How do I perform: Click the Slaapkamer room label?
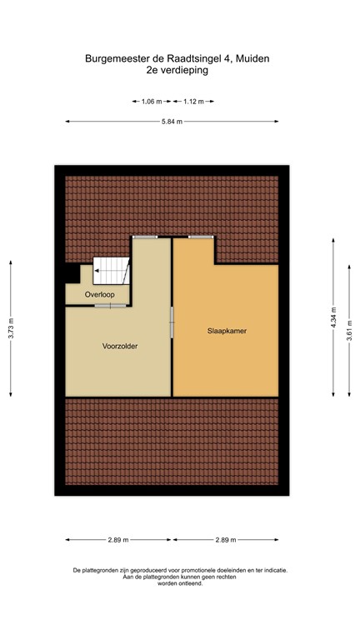coord(227,332)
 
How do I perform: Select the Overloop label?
coord(99,295)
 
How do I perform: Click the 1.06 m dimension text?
coord(152,102)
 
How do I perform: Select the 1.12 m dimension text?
coord(194,102)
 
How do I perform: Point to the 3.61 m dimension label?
coord(349,330)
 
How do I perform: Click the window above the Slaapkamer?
coord(200,237)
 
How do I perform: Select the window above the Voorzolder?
coord(145,237)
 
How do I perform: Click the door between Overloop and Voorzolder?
coord(107,306)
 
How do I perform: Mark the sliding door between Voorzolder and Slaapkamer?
coord(172,322)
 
